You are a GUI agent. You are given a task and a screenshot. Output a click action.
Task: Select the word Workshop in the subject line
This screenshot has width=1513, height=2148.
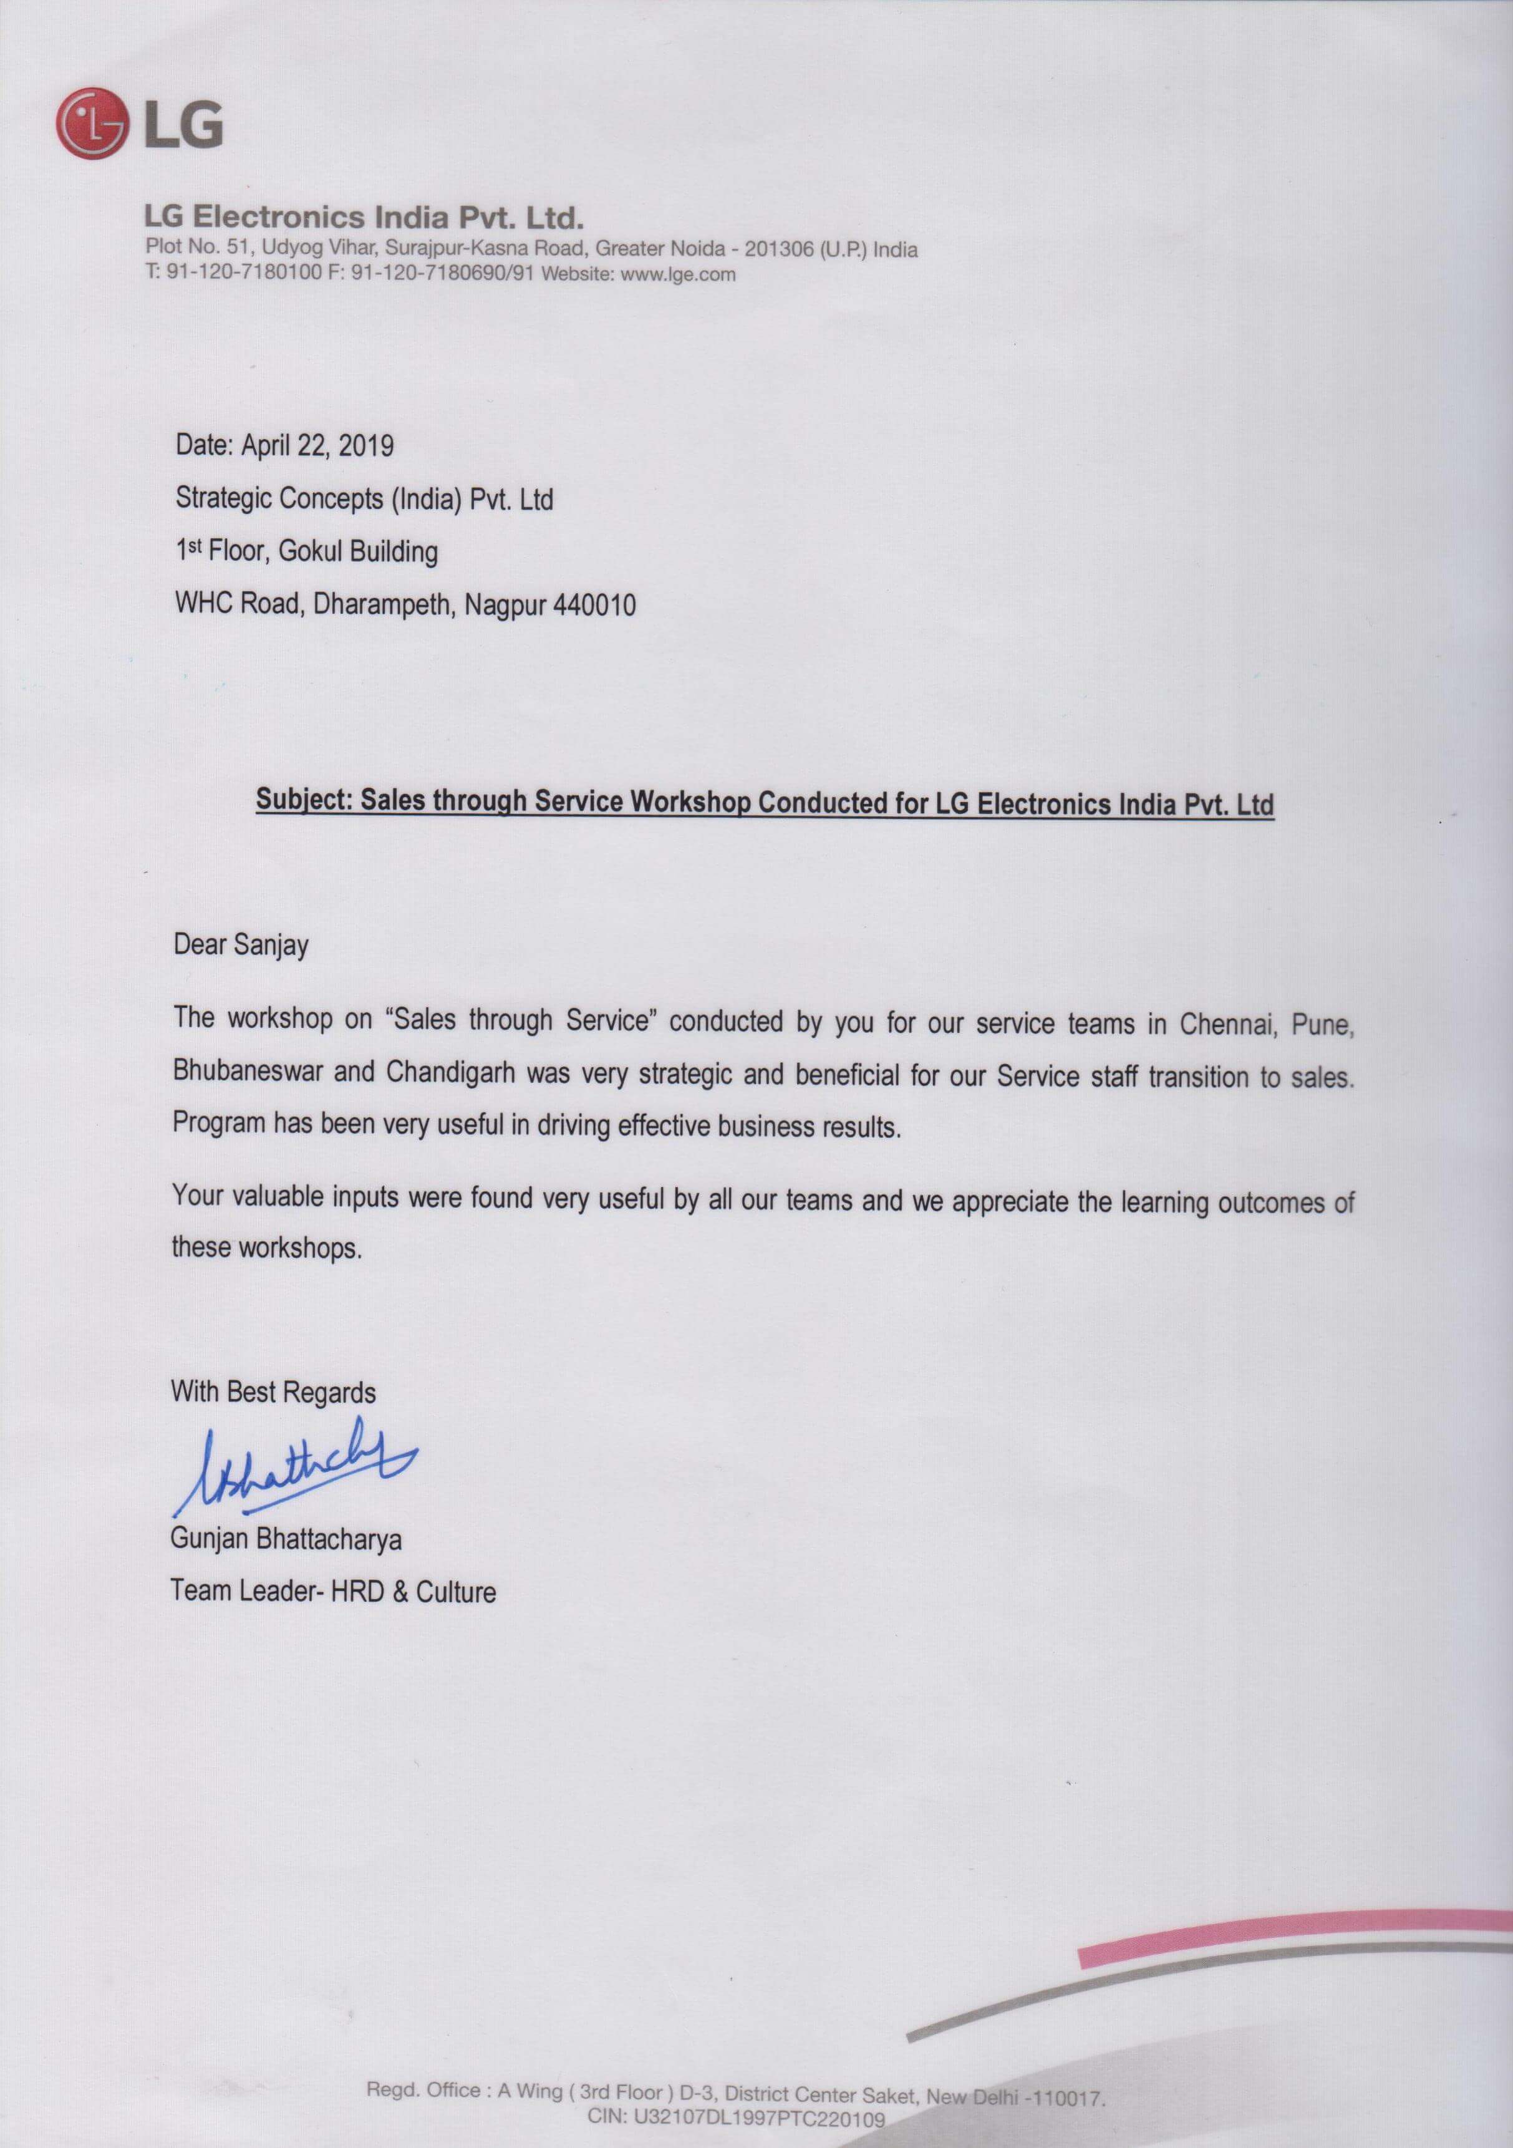(690, 803)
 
